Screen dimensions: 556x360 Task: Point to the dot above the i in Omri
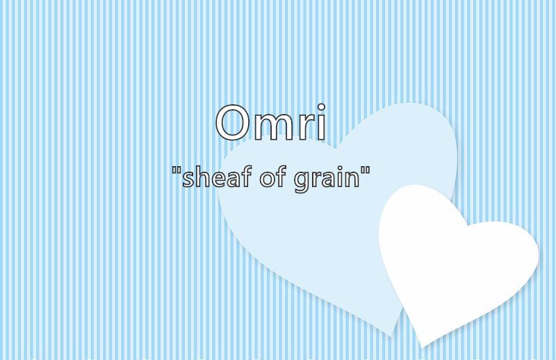(321, 108)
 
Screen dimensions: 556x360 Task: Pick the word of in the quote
(272, 176)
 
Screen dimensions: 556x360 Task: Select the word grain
(327, 179)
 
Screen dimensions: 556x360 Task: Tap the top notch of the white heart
(467, 225)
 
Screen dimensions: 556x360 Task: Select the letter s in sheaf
(188, 179)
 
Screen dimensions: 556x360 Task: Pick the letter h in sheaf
(204, 177)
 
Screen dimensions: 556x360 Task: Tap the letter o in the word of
(268, 179)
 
